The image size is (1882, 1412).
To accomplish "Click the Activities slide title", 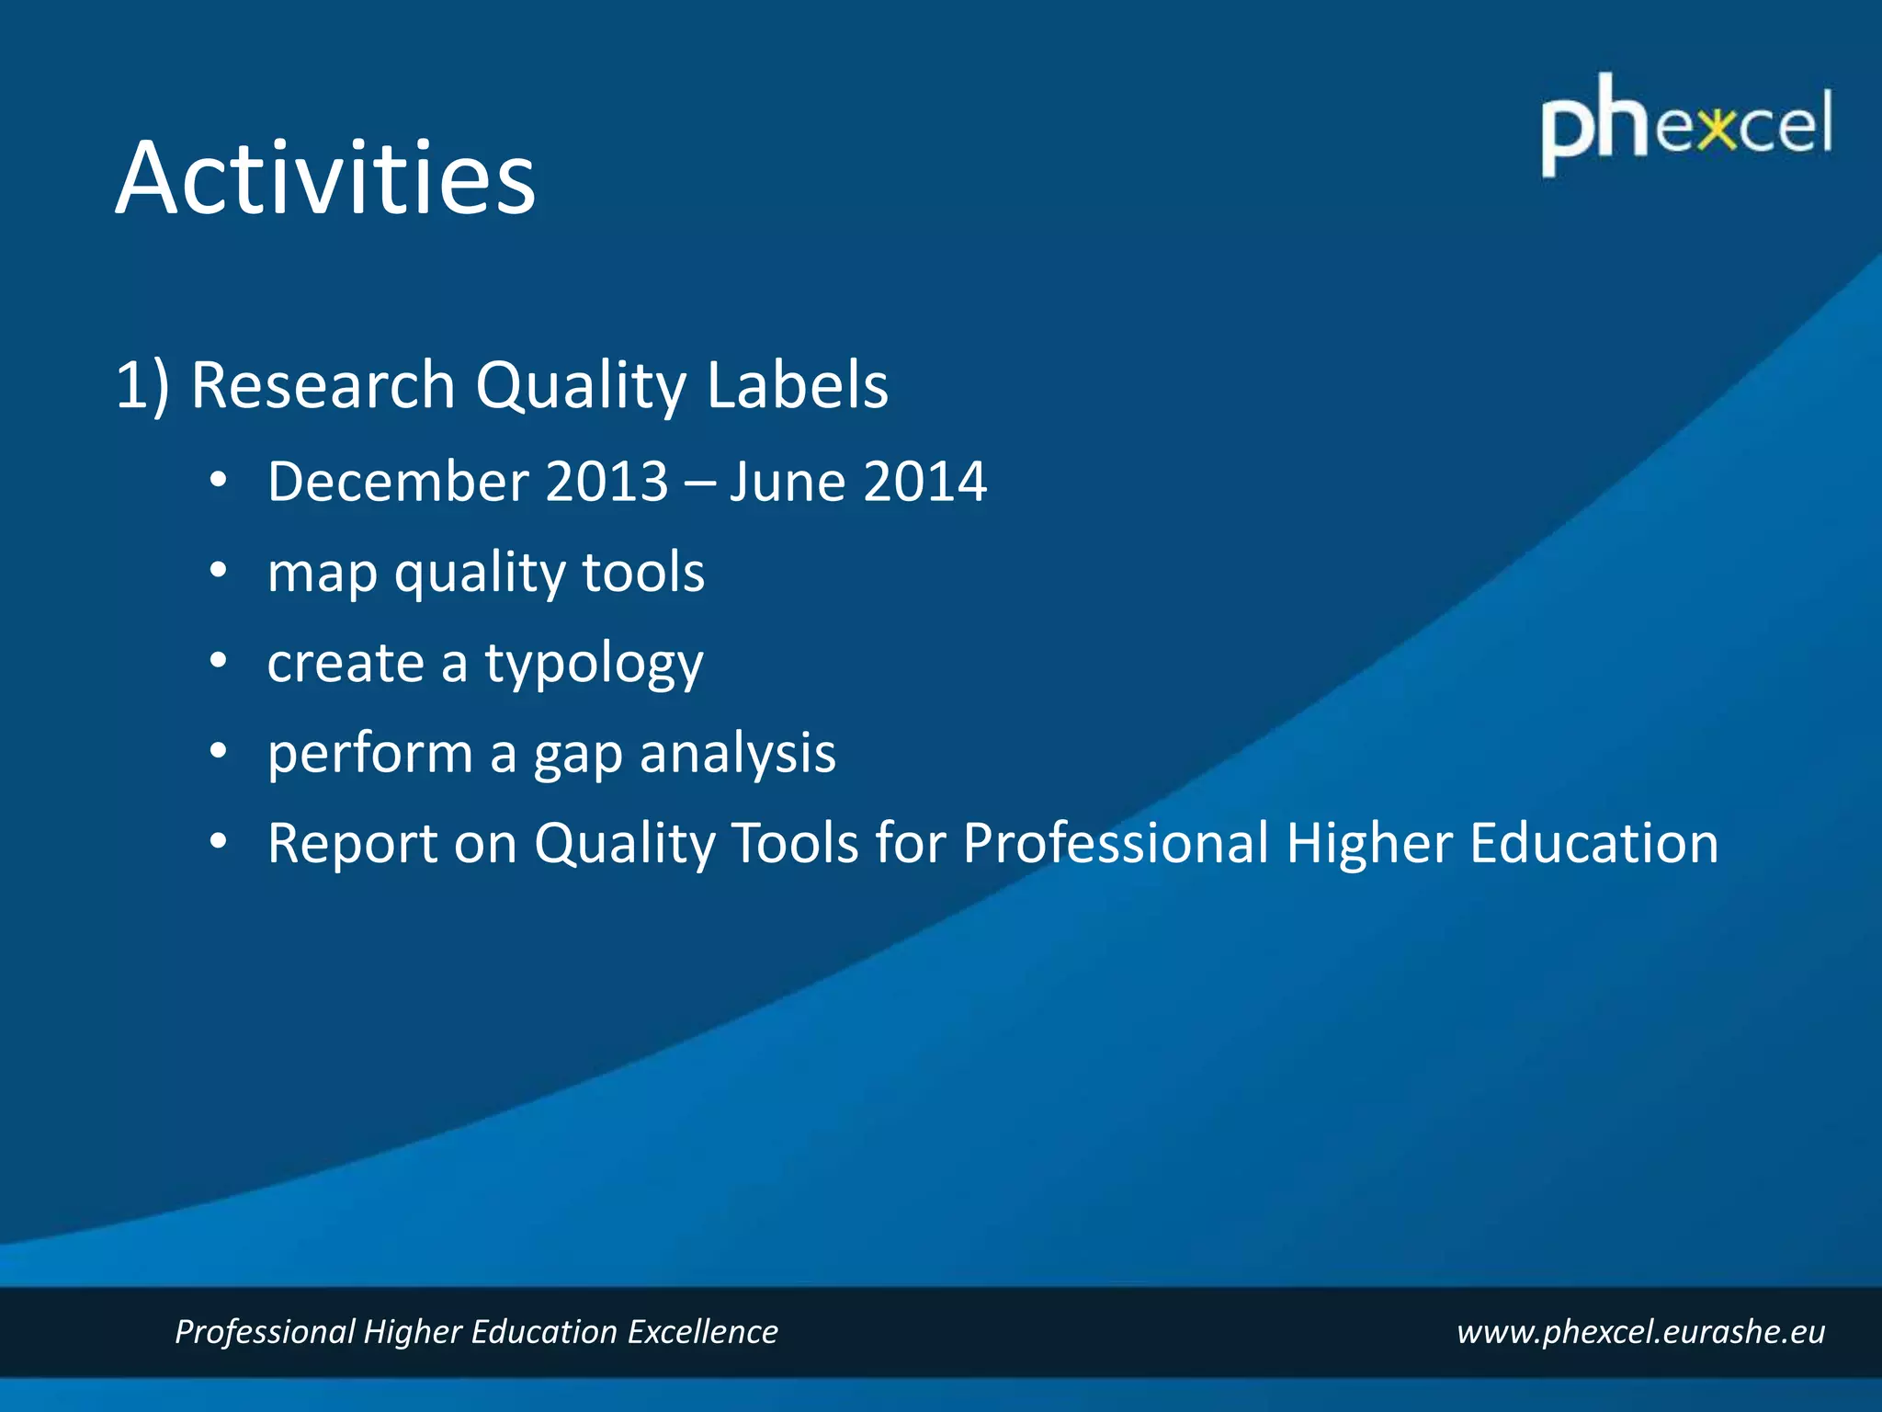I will [x=325, y=178].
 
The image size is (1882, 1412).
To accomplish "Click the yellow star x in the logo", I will [x=1715, y=130].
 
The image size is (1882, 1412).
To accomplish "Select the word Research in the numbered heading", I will [x=323, y=384].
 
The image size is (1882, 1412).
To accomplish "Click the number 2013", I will [x=607, y=482].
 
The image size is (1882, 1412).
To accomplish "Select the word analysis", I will [x=737, y=754].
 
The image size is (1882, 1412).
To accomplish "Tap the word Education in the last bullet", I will [x=1593, y=843].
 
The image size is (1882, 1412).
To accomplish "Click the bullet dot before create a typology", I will [x=218, y=661].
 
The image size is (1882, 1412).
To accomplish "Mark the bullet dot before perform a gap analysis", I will [x=218, y=751].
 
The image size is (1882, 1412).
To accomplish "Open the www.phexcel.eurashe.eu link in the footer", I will [x=1640, y=1332].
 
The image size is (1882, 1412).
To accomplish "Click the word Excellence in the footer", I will [x=702, y=1332].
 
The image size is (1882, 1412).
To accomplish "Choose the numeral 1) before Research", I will [x=142, y=386].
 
